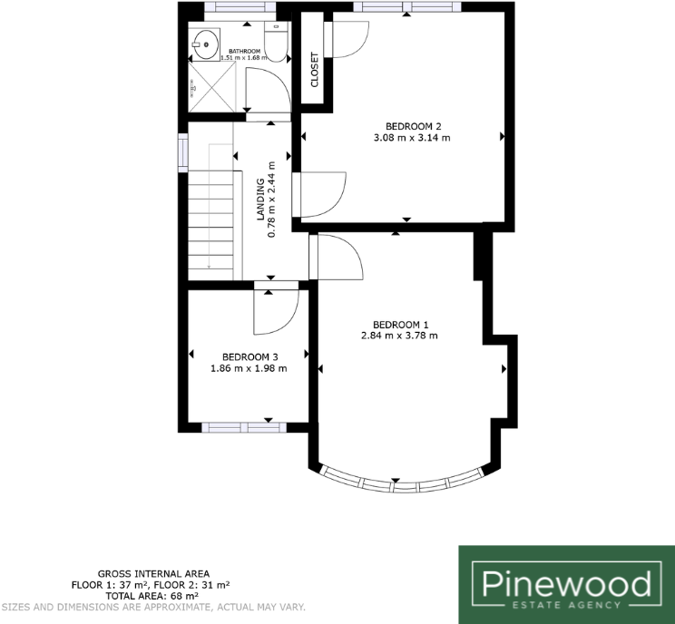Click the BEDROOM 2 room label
click(x=413, y=126)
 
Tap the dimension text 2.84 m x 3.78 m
click(x=399, y=336)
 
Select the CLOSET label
click(x=315, y=70)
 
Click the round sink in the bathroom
click(x=203, y=40)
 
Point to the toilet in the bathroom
click(x=278, y=43)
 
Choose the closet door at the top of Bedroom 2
click(x=345, y=36)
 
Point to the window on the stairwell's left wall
click(x=183, y=151)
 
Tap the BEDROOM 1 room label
click(x=400, y=324)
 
